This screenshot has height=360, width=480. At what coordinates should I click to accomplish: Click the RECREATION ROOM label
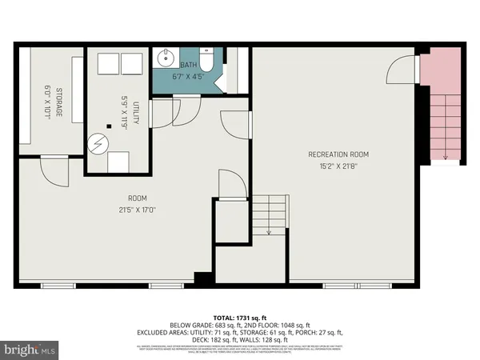[x=338, y=153]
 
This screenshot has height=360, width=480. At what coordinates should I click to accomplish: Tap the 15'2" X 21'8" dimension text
[x=338, y=166]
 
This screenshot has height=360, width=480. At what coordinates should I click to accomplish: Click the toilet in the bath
[x=206, y=62]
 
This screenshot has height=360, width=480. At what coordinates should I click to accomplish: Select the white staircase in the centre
[x=269, y=214]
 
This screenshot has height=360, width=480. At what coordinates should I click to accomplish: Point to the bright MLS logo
[x=30, y=350]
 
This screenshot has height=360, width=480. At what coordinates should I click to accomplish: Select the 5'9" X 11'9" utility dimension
[x=124, y=109]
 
